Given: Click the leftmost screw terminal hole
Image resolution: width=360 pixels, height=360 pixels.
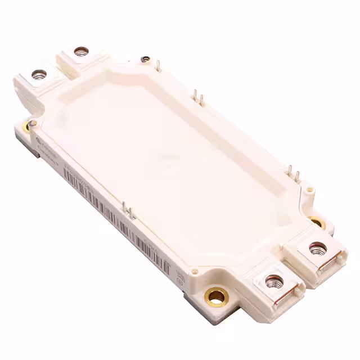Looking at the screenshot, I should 38,73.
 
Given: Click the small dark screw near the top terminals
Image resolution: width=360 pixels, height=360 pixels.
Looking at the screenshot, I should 145,58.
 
